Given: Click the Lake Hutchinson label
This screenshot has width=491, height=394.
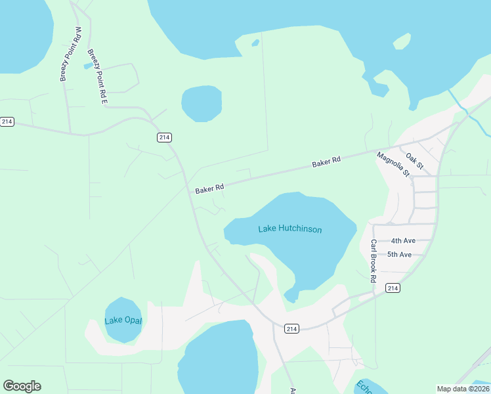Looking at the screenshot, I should click(x=289, y=229).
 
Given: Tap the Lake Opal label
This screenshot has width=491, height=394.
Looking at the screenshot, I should click(x=123, y=320).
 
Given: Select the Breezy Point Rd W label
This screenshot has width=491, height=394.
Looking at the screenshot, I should click(x=69, y=54).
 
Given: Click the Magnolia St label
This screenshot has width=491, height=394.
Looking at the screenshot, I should click(x=393, y=164).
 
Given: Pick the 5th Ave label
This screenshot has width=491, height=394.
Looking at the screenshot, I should click(x=399, y=254).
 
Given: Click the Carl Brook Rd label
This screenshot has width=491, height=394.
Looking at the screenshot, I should click(x=373, y=261).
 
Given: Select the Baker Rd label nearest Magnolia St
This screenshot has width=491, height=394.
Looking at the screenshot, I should click(x=326, y=162).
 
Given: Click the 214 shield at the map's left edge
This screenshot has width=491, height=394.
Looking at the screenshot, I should click(x=7, y=121).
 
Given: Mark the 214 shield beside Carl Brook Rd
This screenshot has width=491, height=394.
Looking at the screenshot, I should click(x=393, y=288).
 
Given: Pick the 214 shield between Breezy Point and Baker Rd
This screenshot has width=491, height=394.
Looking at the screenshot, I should click(x=164, y=137).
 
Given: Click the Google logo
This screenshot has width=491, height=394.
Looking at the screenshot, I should click(x=22, y=386).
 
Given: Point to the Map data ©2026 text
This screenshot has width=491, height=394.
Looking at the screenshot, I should click(x=462, y=389).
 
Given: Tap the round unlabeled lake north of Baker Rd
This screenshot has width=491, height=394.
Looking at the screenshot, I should click(x=202, y=103).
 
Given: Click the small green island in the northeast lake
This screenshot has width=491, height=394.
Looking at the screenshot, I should click(x=402, y=42).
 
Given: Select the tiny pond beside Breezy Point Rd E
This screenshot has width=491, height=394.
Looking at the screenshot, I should click(x=87, y=66).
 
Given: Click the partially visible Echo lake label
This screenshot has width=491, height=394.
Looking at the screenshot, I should click(x=363, y=387).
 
